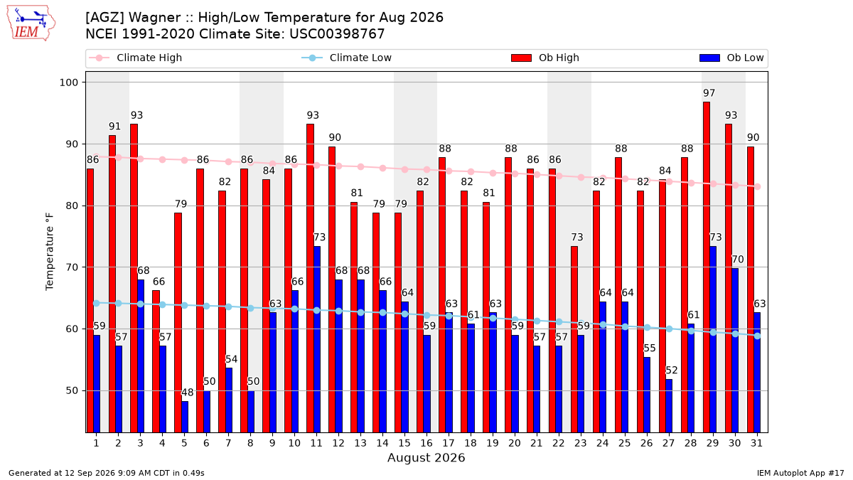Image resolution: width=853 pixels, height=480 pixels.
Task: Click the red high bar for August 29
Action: [707, 267]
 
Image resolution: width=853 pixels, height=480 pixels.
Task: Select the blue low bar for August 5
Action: [185, 417]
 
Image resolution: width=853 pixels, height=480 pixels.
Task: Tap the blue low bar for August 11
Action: [317, 339]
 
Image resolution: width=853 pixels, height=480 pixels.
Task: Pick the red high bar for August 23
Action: [574, 339]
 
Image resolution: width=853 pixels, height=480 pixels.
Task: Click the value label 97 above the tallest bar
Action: [709, 93]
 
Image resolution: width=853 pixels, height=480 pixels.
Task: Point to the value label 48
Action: [188, 393]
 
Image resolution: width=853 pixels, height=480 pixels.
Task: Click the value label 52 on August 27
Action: [672, 370]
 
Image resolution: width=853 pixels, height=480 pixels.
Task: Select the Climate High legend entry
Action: [135, 58]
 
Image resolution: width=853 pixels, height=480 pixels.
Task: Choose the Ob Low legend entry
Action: [731, 58]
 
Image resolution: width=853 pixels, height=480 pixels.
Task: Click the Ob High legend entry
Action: [545, 58]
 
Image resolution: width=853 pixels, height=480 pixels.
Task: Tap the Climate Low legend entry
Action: [346, 58]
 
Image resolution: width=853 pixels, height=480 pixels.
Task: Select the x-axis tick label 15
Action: [404, 444]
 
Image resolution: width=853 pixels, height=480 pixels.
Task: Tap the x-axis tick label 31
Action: [756, 444]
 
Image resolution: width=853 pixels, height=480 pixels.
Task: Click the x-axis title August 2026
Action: [426, 457]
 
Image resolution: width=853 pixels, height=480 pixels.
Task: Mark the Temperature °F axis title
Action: [50, 252]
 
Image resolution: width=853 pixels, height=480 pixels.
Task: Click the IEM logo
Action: [31, 23]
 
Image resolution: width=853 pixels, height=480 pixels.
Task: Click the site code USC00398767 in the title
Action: [337, 34]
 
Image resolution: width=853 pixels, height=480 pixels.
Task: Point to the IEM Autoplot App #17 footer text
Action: [800, 473]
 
